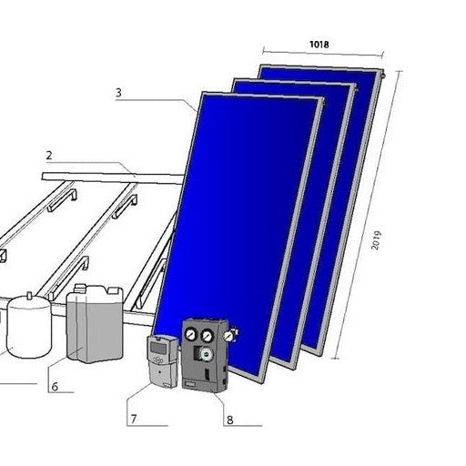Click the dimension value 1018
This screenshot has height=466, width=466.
click(x=319, y=45)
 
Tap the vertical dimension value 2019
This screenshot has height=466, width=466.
click(x=376, y=240)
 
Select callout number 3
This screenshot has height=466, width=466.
click(x=118, y=93)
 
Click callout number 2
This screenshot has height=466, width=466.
click(x=49, y=156)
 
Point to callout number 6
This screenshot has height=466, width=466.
click(x=55, y=387)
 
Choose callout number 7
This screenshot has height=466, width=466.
click(x=134, y=419)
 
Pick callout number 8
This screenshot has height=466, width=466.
click(x=230, y=420)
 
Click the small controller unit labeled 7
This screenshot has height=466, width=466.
click(x=162, y=361)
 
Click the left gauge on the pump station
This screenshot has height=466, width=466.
click(x=191, y=335)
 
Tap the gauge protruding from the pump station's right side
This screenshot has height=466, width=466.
click(x=228, y=335)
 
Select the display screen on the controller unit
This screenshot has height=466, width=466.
click(x=158, y=348)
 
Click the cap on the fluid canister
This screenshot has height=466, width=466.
click(x=80, y=288)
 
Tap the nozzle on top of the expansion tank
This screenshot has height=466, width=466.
click(x=29, y=295)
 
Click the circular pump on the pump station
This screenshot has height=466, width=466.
click(x=208, y=354)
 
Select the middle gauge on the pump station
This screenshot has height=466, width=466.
click(x=208, y=335)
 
